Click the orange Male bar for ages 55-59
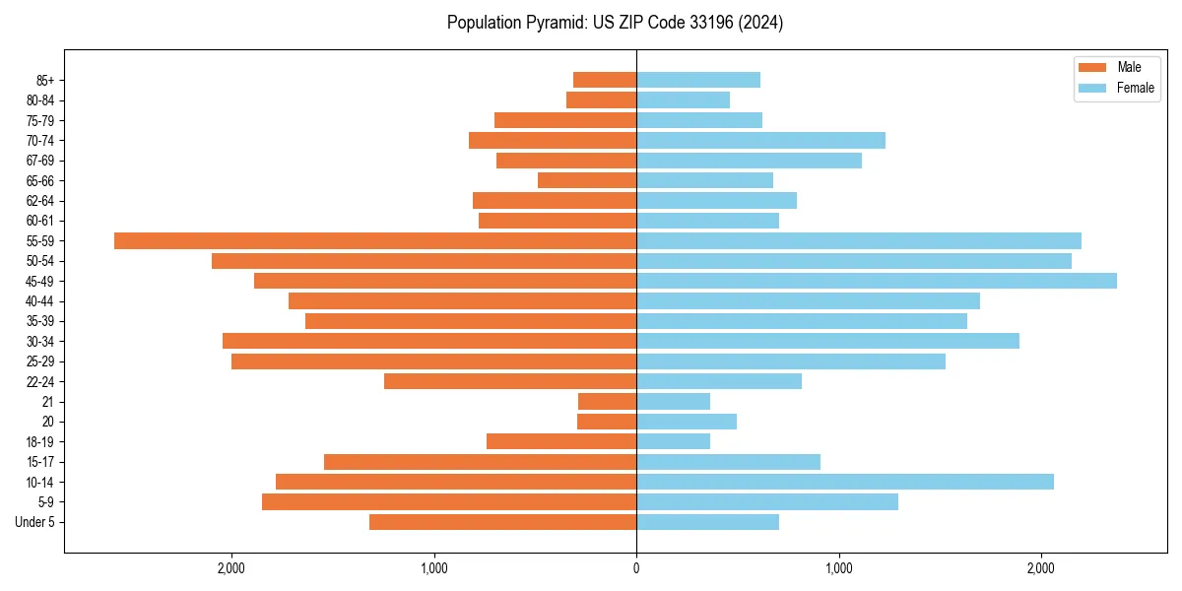point(374,240)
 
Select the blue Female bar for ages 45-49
point(877,281)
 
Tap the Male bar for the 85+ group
point(605,80)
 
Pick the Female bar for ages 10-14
point(845,482)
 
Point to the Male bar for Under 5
point(502,522)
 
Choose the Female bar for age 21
point(673,401)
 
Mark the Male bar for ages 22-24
point(510,381)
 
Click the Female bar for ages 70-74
point(760,140)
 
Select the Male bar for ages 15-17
point(480,462)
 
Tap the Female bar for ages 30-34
point(827,341)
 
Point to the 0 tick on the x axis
point(636,568)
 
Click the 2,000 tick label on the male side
point(231,568)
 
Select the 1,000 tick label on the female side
point(839,568)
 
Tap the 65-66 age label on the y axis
point(40,180)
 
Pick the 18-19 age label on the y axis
point(40,441)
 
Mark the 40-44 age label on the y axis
point(40,300)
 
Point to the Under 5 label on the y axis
point(35,522)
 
